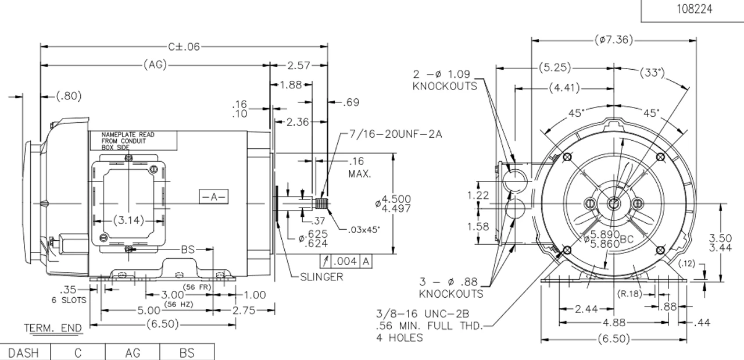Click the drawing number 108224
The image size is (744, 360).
click(x=692, y=9)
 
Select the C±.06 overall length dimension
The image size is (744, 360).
click(x=184, y=47)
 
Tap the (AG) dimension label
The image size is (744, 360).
click(x=155, y=65)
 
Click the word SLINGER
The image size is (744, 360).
click(x=321, y=277)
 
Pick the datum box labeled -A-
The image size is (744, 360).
click(x=213, y=197)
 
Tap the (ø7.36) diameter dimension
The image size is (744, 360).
click(x=614, y=40)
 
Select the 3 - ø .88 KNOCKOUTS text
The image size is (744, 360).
click(x=451, y=288)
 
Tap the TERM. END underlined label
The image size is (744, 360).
click(x=53, y=329)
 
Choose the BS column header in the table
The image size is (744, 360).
click(x=187, y=352)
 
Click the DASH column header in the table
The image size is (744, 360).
click(x=23, y=352)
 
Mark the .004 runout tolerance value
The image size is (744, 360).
click(x=347, y=262)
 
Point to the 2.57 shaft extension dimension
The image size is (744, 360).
click(x=298, y=65)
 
